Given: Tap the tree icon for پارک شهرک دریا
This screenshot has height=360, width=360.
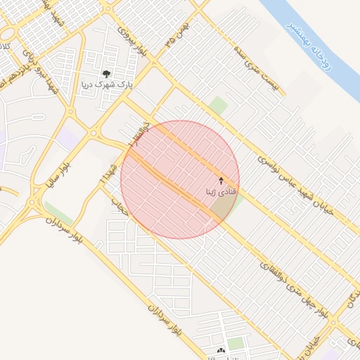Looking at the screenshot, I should coord(106,73).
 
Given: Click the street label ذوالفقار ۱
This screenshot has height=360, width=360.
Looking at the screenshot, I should coord(139,133).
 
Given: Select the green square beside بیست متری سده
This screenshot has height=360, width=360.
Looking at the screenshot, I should coord(219,105).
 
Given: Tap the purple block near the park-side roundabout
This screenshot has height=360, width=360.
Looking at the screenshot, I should coord(69,138).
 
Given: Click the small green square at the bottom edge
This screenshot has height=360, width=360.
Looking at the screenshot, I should coord(236,344).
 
